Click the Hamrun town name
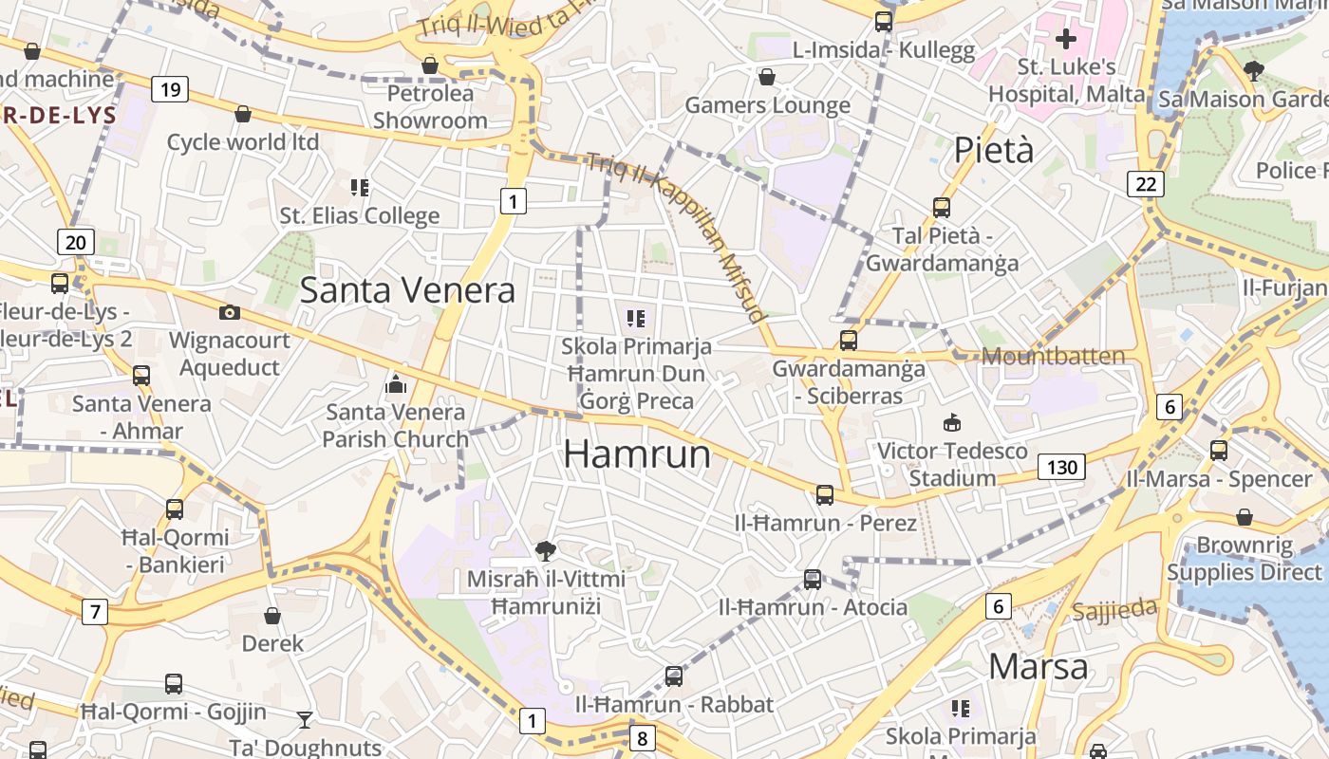pyautogui.click(x=637, y=454)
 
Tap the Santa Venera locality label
pyautogui.click(x=407, y=290)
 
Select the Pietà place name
pyautogui.click(x=994, y=150)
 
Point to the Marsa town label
pyautogui.click(x=1038, y=666)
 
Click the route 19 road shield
pyautogui.click(x=170, y=90)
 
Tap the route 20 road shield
pyautogui.click(x=76, y=242)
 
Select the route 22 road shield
pyautogui.click(x=1146, y=184)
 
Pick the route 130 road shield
pyautogui.click(x=1061, y=467)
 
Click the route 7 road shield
pyautogui.click(x=94, y=612)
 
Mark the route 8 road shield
pyautogui.click(x=643, y=737)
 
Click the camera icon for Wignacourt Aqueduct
pyautogui.click(x=229, y=312)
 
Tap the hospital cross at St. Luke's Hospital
pyautogui.click(x=1066, y=39)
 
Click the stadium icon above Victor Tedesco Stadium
pyautogui.click(x=951, y=422)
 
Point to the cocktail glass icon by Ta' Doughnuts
pyautogui.click(x=304, y=720)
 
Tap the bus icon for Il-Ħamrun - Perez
pyautogui.click(x=824, y=494)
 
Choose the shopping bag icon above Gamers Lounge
pyautogui.click(x=766, y=77)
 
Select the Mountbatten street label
pyautogui.click(x=1053, y=357)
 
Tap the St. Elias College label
pyautogui.click(x=359, y=215)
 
